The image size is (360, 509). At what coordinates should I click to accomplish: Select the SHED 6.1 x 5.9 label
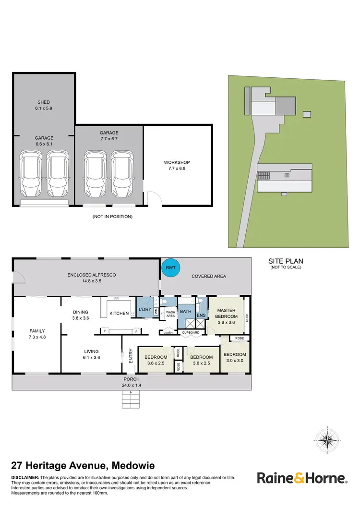pos(44,105)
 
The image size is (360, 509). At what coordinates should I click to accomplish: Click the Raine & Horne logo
pos(301,478)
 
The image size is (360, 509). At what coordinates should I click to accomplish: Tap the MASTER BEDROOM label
pos(226,313)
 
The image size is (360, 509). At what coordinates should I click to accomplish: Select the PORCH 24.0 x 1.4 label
pos(131,382)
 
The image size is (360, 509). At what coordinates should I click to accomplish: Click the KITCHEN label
pos(119,314)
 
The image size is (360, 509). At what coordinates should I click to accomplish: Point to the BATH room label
pos(186,312)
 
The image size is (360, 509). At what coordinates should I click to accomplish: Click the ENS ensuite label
pos(201,315)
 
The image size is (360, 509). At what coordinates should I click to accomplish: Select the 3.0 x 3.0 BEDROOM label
pos(234,357)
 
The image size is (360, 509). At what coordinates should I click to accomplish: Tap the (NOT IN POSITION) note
pos(112,217)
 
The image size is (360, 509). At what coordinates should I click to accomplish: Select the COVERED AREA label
pos(208,276)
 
